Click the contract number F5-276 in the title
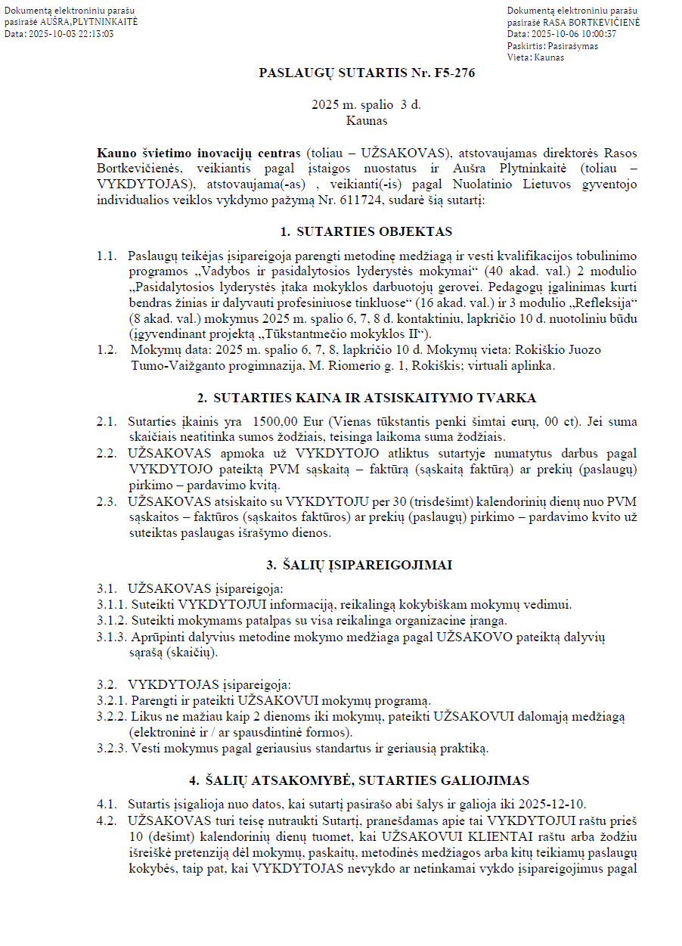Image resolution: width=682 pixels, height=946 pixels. click(454, 73)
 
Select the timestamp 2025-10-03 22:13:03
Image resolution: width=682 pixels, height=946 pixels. click(71, 34)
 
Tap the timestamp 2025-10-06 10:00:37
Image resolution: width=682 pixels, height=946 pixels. click(574, 34)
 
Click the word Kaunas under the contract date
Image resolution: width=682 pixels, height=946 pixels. click(367, 119)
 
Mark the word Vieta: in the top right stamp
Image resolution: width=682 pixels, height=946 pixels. click(519, 57)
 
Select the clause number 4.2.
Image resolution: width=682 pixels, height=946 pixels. click(106, 820)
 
